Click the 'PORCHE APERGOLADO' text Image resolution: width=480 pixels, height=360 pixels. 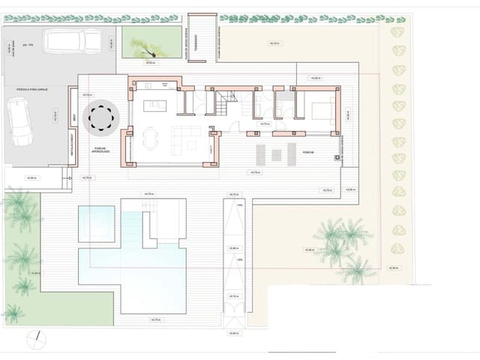tap(101, 150)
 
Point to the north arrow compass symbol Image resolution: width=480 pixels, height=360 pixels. tap(33, 341)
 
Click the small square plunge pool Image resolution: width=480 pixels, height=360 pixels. tap(95, 223)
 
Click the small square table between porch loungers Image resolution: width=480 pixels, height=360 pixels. tap(275, 155)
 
